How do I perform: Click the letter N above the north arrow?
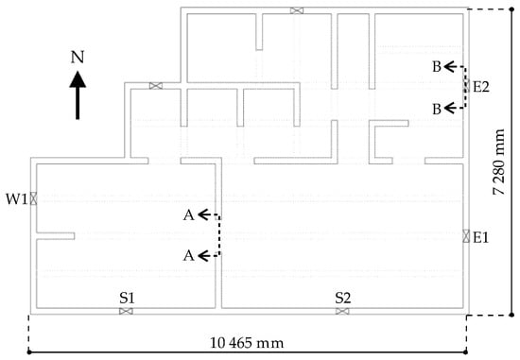click(78, 57)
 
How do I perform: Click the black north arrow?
click(78, 95)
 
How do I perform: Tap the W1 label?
click(17, 199)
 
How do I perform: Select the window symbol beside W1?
click(33, 198)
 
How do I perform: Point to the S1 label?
click(128, 298)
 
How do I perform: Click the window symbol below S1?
click(126, 311)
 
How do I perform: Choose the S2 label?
click(343, 298)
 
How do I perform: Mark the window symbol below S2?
click(342, 311)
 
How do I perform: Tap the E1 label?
click(481, 237)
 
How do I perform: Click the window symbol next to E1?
click(466, 236)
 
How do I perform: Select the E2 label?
click(481, 87)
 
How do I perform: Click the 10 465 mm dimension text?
click(247, 343)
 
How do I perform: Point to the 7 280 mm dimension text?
click(499, 162)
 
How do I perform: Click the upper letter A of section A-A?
click(189, 215)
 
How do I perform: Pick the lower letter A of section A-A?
click(189, 255)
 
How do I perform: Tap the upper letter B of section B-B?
click(437, 67)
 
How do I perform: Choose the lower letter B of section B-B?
click(437, 109)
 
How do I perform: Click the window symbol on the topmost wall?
click(297, 10)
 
